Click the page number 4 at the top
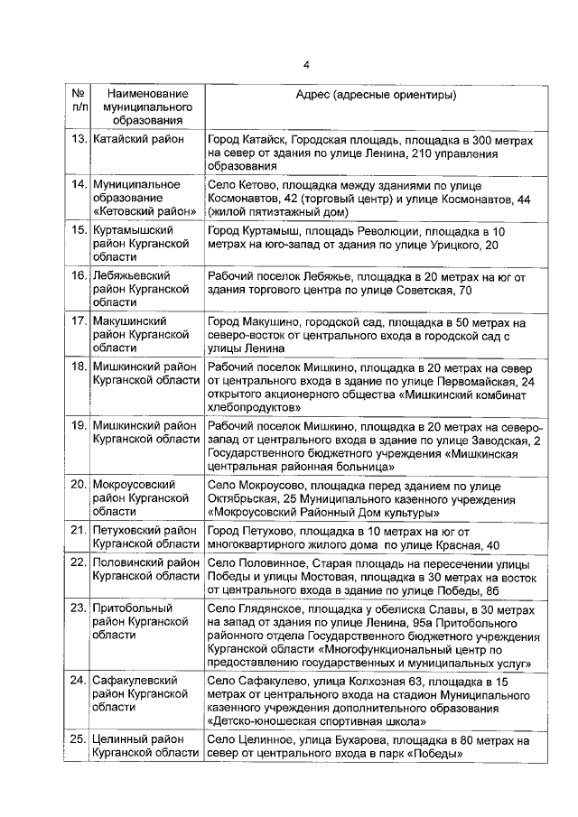307,64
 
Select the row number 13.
79,140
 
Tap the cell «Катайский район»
138,140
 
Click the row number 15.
79,232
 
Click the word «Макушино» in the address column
275,321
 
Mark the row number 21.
79,531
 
